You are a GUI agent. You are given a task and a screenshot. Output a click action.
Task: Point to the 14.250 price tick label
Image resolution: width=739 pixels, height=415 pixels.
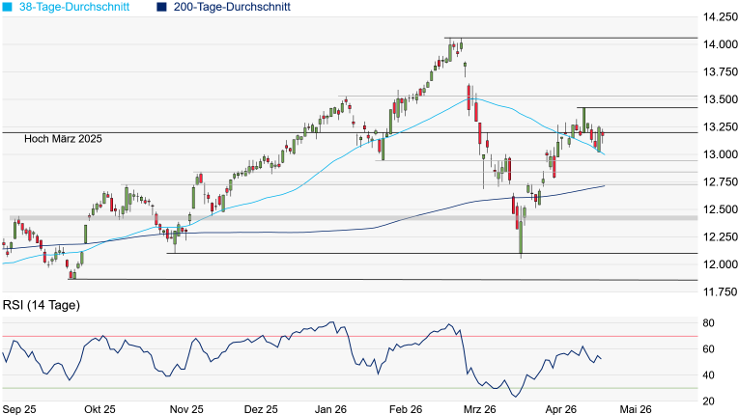pyautogui.click(x=719, y=17)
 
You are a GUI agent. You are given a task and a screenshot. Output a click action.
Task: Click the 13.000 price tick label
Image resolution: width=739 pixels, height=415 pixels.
pyautogui.click(x=719, y=154)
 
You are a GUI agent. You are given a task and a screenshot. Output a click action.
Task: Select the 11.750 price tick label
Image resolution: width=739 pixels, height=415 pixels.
pyautogui.click(x=719, y=291)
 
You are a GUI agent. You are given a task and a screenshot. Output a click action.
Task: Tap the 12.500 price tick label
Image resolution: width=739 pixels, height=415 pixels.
pyautogui.click(x=719, y=209)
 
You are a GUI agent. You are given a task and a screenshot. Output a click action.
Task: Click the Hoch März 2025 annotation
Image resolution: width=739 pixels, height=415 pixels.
pyautogui.click(x=64, y=140)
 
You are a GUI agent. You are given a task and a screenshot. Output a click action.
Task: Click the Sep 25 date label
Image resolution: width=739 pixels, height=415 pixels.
pyautogui.click(x=20, y=408)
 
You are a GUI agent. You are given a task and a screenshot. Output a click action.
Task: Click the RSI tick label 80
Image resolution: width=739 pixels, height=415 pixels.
pyautogui.click(x=707, y=322)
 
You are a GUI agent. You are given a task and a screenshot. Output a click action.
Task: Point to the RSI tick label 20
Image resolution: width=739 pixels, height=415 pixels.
pyautogui.click(x=707, y=401)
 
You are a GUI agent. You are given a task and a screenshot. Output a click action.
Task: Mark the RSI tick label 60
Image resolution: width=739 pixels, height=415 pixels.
pyautogui.click(x=707, y=348)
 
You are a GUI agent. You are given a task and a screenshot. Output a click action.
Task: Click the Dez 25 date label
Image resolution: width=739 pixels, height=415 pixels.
pyautogui.click(x=261, y=408)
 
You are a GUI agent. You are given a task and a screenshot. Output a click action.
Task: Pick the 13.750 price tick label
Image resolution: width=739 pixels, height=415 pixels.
pyautogui.click(x=719, y=72)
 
